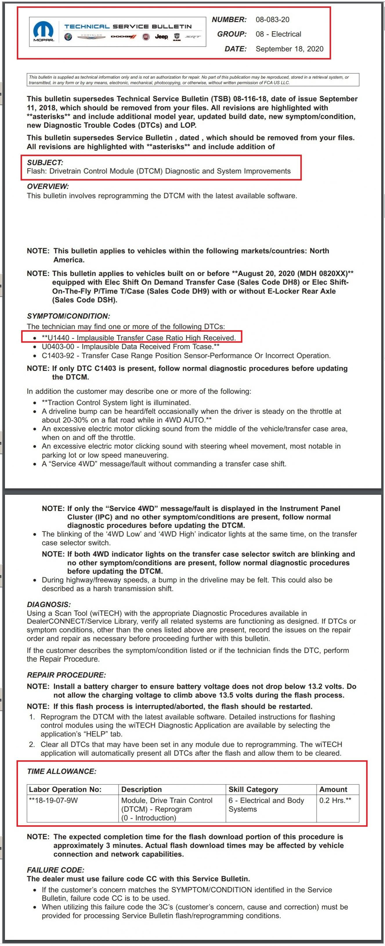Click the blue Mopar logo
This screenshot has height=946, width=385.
[x=43, y=30]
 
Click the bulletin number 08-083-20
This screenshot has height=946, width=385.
[x=272, y=19]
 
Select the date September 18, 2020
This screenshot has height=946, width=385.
[x=289, y=49]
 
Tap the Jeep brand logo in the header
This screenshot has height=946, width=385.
[x=161, y=37]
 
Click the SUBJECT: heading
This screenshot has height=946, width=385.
[x=45, y=162]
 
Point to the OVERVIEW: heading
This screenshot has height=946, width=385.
[x=48, y=186]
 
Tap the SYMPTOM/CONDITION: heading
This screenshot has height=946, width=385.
[x=68, y=316]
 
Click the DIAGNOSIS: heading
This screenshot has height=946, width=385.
[x=49, y=605]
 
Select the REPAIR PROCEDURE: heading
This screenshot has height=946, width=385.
[x=66, y=675]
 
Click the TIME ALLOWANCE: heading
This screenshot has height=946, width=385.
[x=61, y=771]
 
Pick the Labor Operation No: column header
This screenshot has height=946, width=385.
[x=65, y=789]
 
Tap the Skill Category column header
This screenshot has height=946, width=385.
[x=253, y=789]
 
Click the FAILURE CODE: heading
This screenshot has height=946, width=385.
[x=55, y=870]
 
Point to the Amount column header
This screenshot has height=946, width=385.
[x=333, y=789]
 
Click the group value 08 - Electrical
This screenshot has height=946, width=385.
[x=278, y=34]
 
